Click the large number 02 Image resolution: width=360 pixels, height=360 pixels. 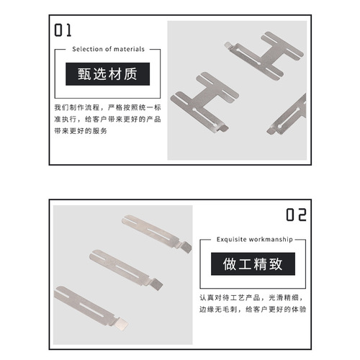296,215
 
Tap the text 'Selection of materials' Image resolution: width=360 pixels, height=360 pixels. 108,50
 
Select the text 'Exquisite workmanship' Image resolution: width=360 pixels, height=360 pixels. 251,239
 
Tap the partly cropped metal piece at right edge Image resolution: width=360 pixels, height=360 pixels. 294,115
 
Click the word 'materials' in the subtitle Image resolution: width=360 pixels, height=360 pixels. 130,50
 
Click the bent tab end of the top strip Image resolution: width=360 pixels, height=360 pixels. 185,246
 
